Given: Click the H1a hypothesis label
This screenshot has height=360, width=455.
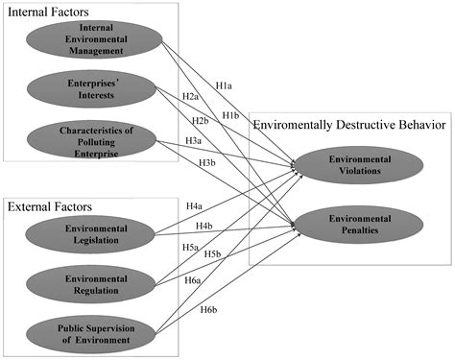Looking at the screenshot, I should [x=224, y=86].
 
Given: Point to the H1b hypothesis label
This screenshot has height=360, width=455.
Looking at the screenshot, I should [x=230, y=115].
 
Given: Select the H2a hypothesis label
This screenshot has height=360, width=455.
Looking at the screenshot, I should [x=190, y=97].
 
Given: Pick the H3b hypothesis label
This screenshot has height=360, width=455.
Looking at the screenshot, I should [x=206, y=163].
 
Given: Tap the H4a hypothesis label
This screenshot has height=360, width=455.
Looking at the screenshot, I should [x=193, y=206].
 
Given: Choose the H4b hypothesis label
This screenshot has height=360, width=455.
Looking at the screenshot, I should [x=204, y=226].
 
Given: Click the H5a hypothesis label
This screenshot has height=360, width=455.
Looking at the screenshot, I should [x=191, y=246].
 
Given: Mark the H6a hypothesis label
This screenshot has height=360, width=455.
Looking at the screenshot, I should [x=192, y=279].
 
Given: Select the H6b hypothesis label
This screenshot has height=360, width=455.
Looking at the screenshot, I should [x=207, y=310].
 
